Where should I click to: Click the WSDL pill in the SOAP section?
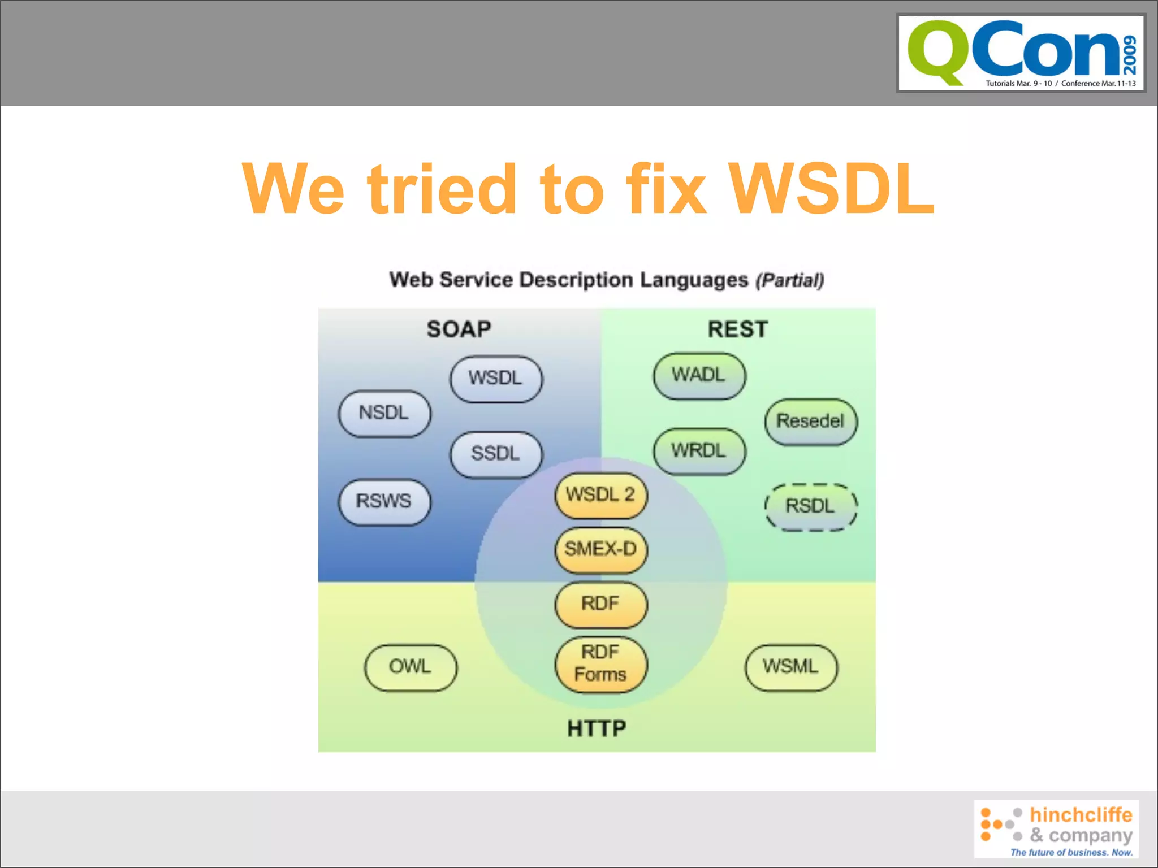[496, 378]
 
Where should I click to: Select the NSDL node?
[384, 413]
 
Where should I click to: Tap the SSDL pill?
[496, 454]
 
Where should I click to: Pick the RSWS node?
[384, 501]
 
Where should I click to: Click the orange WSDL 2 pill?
[600, 495]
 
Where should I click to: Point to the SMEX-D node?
[600, 549]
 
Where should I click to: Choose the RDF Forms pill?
[600, 663]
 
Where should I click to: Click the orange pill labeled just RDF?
[600, 604]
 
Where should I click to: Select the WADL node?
[699, 375]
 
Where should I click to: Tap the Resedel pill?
[810, 422]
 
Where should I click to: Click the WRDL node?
[699, 451]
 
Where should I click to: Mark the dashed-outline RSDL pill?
[810, 506]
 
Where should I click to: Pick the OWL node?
[411, 667]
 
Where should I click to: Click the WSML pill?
[790, 667]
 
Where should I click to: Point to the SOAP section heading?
[459, 329]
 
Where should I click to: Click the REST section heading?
[737, 329]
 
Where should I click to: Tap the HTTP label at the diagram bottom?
[597, 728]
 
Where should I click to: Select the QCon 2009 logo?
[1021, 53]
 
